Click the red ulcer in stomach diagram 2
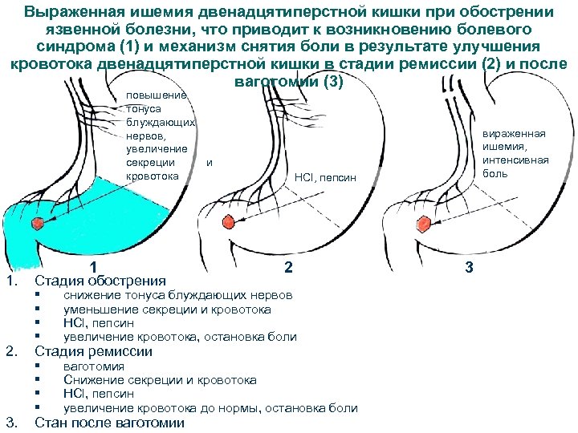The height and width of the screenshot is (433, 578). [228, 221]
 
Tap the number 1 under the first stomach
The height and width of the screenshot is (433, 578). [95, 267]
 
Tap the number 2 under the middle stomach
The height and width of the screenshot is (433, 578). [288, 267]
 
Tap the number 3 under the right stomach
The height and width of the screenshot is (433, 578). [469, 267]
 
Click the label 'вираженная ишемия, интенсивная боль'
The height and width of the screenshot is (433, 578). [518, 153]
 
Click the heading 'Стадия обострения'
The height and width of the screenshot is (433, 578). [100, 281]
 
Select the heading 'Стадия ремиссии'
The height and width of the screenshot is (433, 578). [93, 351]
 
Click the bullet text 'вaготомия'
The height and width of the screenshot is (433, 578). [94, 366]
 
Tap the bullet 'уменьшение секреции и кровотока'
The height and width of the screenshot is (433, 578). [167, 309]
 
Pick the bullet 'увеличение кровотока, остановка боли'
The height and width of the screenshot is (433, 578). [180, 337]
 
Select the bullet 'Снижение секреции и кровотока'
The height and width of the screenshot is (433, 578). [160, 380]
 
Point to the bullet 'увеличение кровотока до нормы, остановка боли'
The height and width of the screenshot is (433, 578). [210, 407]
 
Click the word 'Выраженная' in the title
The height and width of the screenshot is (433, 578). [71, 14]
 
